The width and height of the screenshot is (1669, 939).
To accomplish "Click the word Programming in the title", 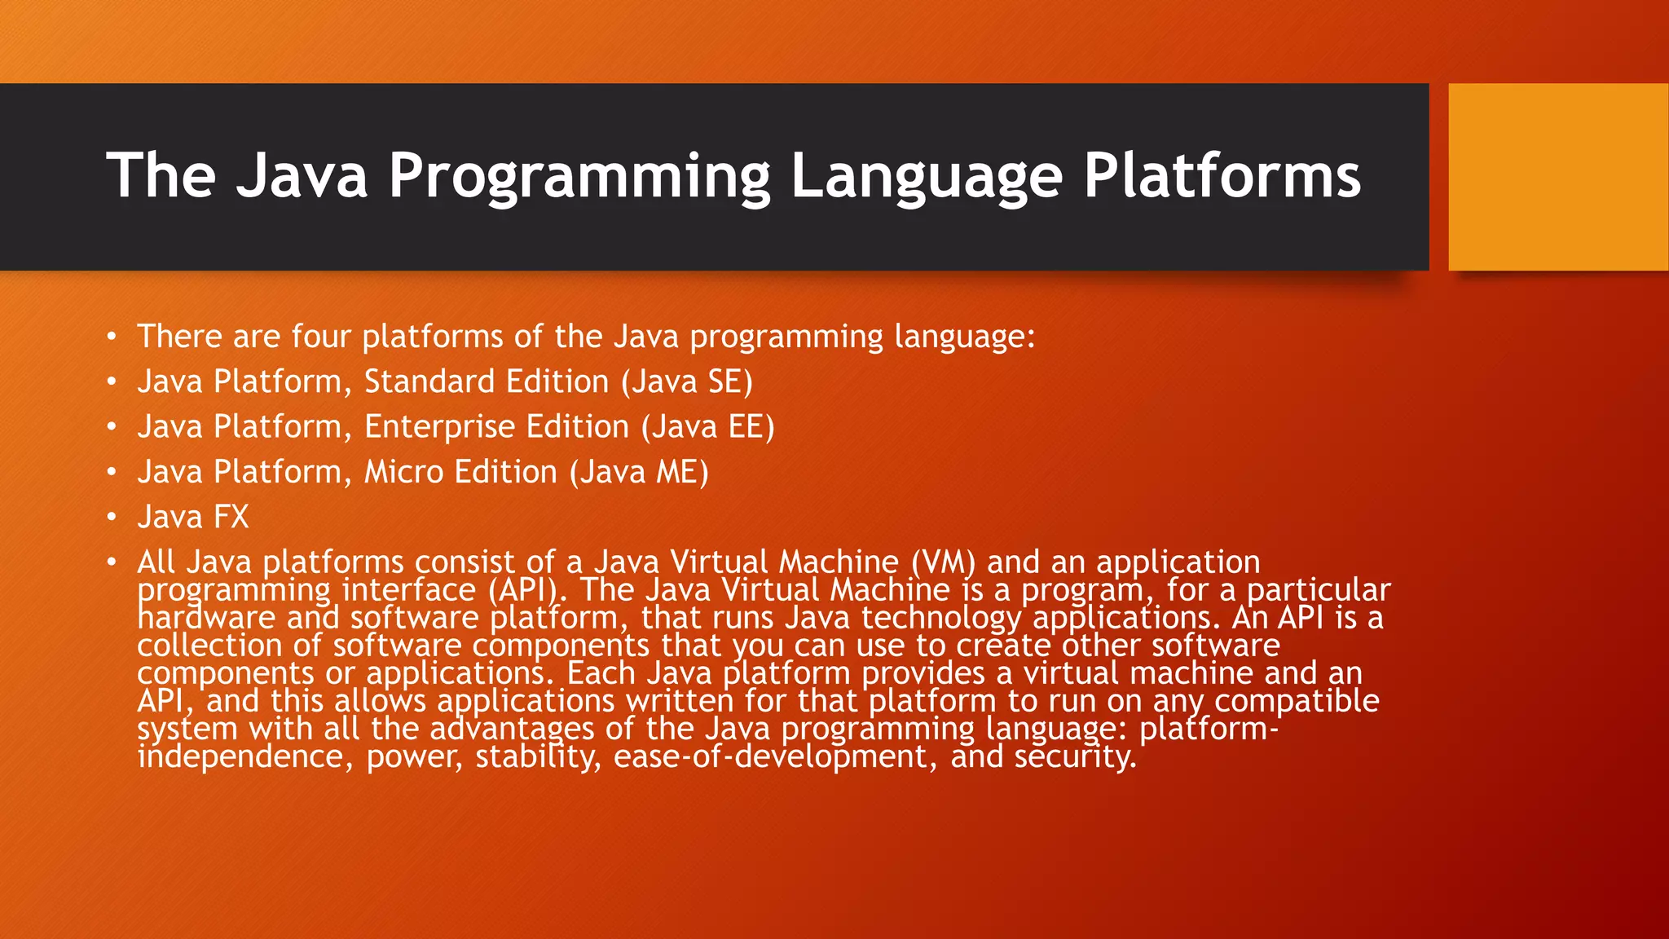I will pyautogui.click(x=579, y=176).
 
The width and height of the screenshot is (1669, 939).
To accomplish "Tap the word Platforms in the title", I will pyautogui.click(x=1222, y=176).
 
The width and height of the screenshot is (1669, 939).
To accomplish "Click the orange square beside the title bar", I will pyautogui.click(x=1558, y=177).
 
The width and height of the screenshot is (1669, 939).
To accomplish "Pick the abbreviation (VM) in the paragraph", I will pyautogui.click(x=943, y=562).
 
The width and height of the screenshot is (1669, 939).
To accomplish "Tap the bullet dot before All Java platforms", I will pyautogui.click(x=112, y=562).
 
